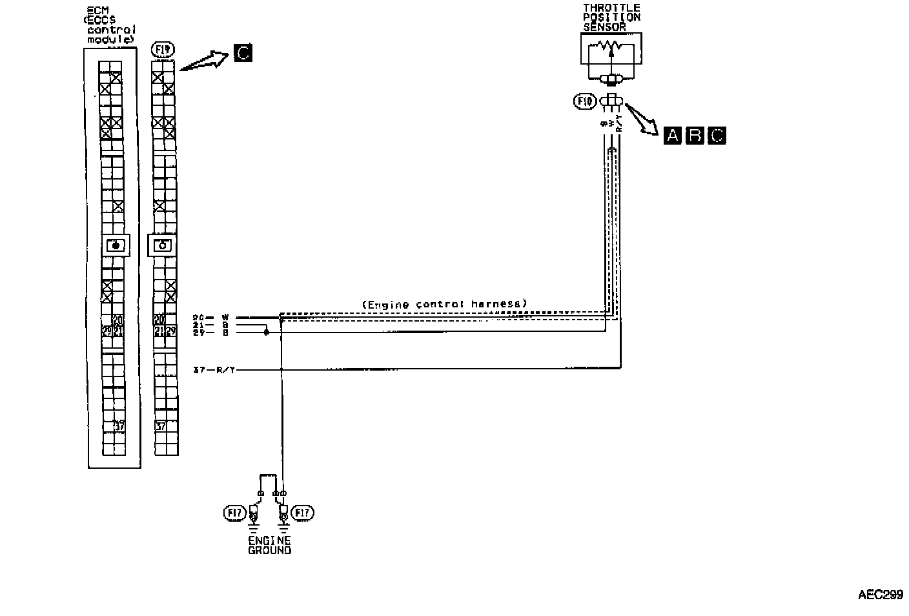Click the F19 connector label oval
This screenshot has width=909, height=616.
tap(163, 50)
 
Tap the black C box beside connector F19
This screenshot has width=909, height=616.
tap(243, 52)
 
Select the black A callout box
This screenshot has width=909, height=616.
tap(672, 135)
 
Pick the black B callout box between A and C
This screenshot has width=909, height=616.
tap(695, 135)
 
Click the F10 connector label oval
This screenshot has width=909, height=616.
tap(585, 101)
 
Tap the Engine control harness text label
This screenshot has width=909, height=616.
tap(444, 303)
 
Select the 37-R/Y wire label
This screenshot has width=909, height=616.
tap(215, 370)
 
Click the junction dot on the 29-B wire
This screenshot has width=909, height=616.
tap(266, 333)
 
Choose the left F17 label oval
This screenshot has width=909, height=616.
tap(235, 513)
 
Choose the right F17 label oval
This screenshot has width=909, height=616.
tap(302, 513)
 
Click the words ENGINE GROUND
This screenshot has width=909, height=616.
tap(269, 545)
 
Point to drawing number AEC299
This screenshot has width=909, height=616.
tap(880, 595)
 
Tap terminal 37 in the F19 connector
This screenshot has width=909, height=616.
tap(161, 426)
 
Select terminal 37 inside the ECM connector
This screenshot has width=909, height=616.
tap(119, 426)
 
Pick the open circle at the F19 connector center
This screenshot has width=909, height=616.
tap(163, 245)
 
